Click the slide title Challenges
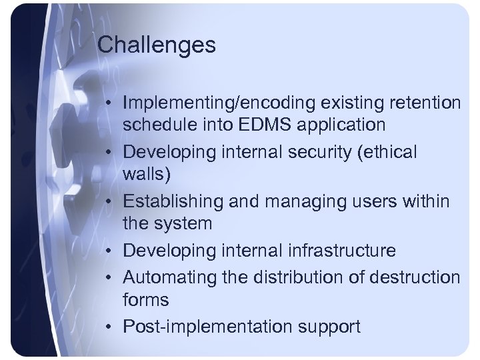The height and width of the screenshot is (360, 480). pos(157,45)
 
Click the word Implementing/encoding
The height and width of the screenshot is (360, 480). pos(215,104)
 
